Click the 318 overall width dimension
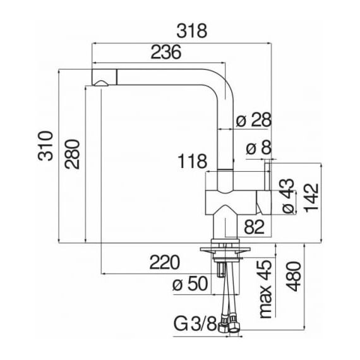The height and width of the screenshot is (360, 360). pos(192,31)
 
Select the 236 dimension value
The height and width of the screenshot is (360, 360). pos(166,52)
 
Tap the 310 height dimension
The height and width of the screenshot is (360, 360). pos(45,146)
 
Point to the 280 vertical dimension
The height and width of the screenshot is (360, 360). pos(72,154)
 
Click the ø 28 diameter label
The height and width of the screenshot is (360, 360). pos(254,119)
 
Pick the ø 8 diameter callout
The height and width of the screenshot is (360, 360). pos(259,148)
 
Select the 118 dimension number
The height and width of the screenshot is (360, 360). pos(193,161)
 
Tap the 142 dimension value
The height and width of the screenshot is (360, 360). pos(311,197)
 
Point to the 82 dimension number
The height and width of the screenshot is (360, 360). pos(254,227)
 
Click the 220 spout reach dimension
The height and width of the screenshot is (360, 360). pos(164,262)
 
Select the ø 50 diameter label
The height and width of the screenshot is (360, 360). pos(190,284)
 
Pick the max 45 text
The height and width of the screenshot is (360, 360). pos(266,289)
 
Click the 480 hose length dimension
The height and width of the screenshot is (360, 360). pos(294,276)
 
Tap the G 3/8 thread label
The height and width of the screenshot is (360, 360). pos(195,324)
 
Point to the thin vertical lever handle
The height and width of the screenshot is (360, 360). pos(268,177)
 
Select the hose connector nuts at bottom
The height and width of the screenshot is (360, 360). pos(229,324)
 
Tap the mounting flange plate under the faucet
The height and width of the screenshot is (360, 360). pos(225,249)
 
